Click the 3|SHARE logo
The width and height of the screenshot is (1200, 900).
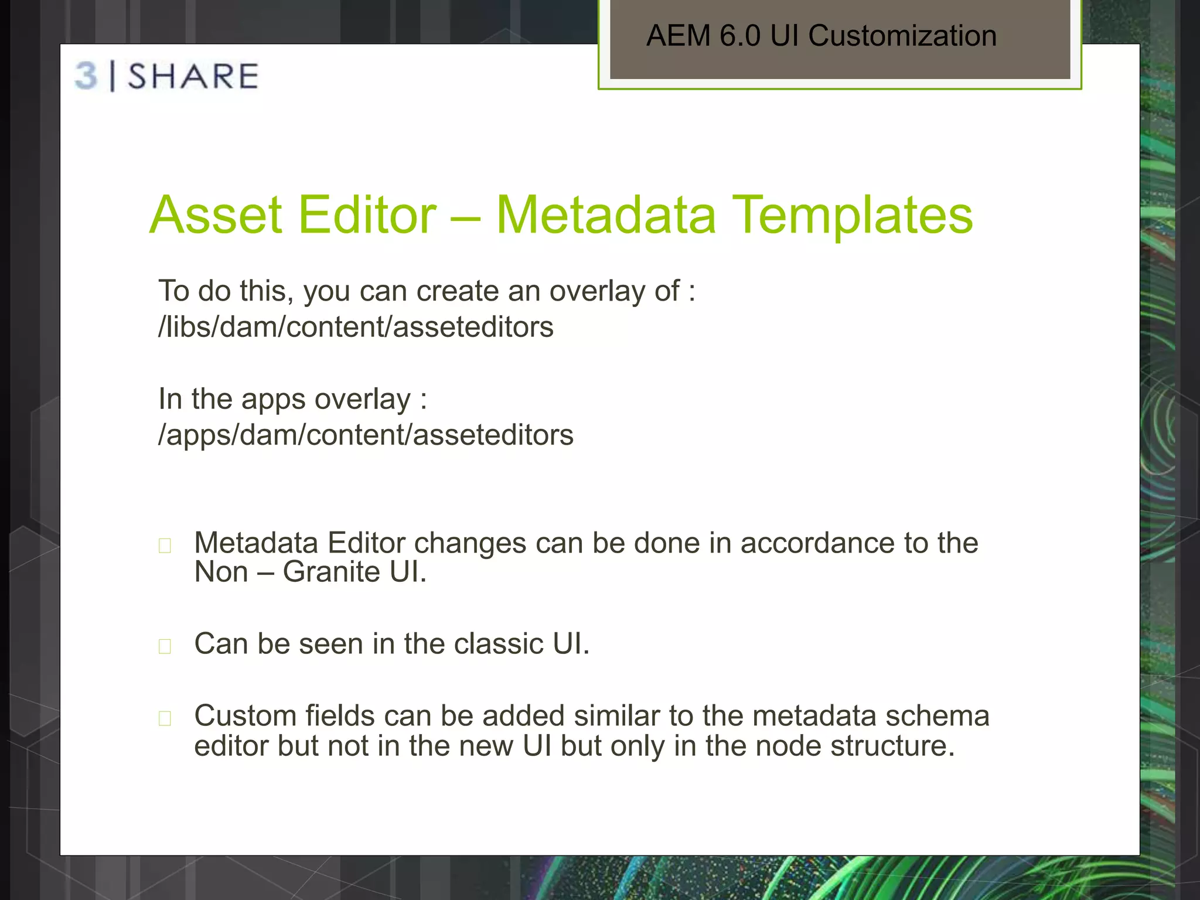point(167,76)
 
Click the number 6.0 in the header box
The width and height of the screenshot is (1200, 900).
point(739,36)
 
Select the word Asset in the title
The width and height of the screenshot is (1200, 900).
point(216,215)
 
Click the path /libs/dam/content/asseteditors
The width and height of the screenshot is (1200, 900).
point(356,327)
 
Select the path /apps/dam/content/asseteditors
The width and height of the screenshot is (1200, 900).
point(366,435)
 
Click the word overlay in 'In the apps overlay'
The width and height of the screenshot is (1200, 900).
point(362,399)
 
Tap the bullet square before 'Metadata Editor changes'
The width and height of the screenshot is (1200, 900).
point(165,546)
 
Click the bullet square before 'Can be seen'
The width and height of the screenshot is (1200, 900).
point(165,646)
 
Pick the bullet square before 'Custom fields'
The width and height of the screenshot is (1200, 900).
point(165,718)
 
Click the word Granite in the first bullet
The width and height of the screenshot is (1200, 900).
point(332,572)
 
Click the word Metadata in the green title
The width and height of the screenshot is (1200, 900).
point(606,215)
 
